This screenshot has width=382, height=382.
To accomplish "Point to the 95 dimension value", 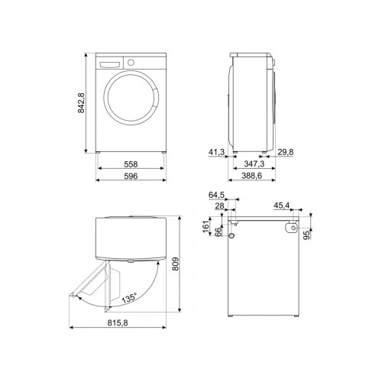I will point(306,235).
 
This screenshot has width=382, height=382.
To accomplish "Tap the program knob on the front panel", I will point(130,61).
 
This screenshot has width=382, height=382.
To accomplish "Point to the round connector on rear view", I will point(292,228).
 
